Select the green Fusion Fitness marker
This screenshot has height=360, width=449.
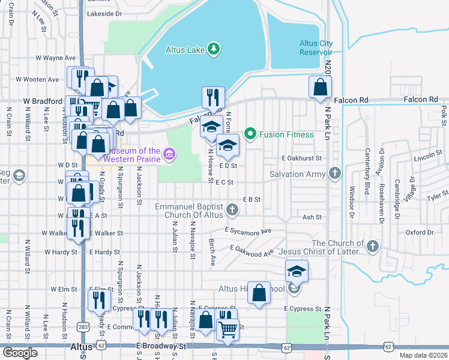[251, 134]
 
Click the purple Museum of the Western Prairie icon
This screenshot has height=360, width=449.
[170, 155]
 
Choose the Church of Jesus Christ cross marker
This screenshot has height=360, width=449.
[373, 246]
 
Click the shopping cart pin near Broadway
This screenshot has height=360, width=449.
[228, 329]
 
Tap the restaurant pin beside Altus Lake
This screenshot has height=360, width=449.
[214, 97]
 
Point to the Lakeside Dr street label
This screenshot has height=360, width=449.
[104, 13]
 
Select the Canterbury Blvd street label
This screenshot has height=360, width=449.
[366, 177]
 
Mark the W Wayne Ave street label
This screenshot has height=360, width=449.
[55, 58]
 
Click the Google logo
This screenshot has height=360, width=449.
[20, 353]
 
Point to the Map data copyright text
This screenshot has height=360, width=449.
[423, 355]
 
